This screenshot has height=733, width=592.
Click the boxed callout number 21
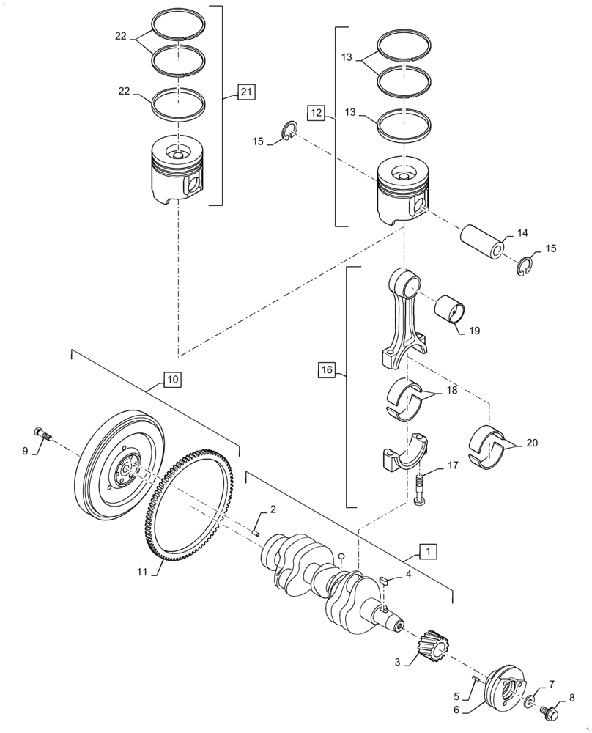[x=246, y=92]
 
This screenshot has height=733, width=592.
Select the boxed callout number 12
[x=315, y=113]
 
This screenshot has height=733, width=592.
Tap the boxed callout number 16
[x=327, y=370]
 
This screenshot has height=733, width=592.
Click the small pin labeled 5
[x=477, y=679]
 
